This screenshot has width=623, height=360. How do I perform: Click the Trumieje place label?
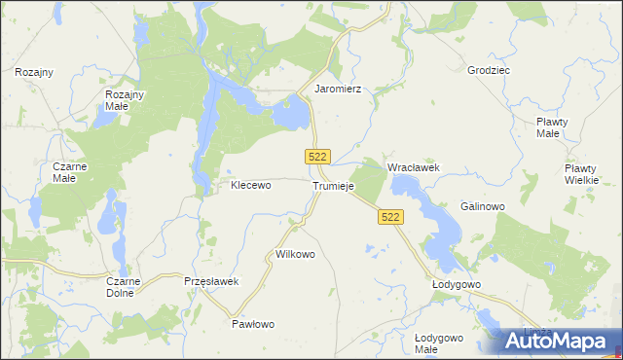click(x=334, y=186)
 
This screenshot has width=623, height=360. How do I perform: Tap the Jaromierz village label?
click(x=338, y=89)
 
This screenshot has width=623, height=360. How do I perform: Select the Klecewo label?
click(x=250, y=184)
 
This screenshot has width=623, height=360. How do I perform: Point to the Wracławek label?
click(x=414, y=167)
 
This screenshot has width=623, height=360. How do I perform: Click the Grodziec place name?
click(x=489, y=71)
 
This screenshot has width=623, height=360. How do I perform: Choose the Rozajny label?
click(x=34, y=72)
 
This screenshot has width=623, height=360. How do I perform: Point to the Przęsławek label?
click(x=211, y=281)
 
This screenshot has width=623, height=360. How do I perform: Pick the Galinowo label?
click(x=482, y=206)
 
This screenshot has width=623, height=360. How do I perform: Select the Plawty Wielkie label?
click(x=587, y=174)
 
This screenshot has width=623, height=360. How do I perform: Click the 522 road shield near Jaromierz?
click(x=318, y=157)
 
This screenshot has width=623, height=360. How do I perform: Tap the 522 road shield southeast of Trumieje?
click(x=390, y=218)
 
